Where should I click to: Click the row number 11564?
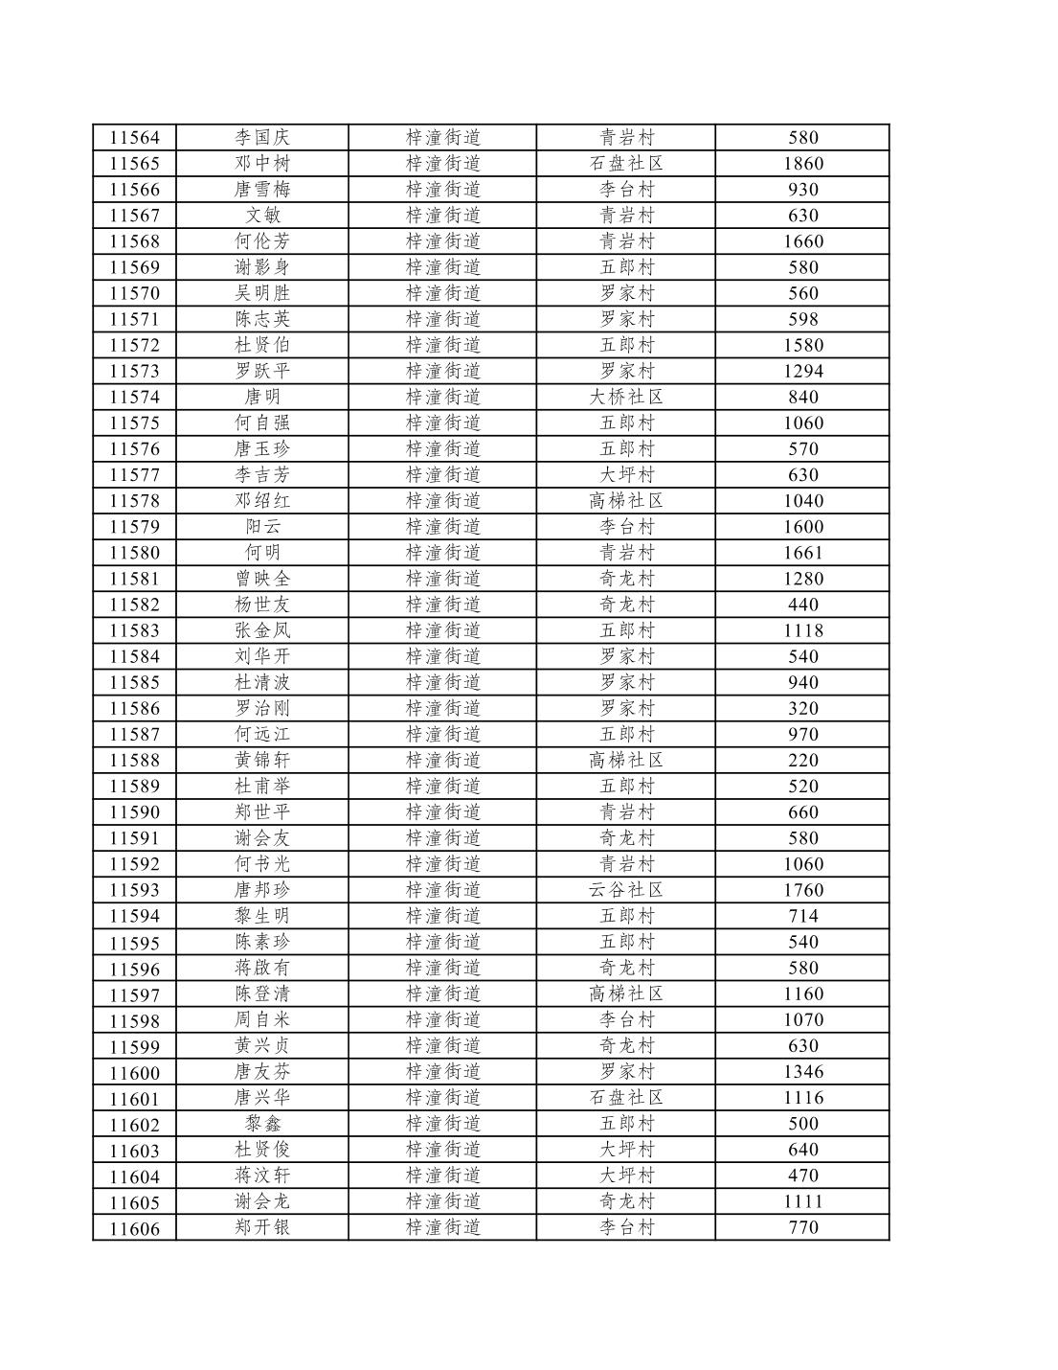134,138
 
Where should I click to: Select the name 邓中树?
262,164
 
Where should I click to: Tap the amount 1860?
802,164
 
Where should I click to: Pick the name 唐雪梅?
262,190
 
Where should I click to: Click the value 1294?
802,371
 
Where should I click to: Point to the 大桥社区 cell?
626,397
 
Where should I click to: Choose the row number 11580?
134,553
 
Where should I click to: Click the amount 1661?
802,553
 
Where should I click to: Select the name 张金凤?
262,630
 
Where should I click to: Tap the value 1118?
802,630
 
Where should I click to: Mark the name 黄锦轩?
262,760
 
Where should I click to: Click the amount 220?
802,760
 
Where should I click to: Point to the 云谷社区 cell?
626,890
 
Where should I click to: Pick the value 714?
802,916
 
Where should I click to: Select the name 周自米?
262,1019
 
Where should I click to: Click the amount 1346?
802,1071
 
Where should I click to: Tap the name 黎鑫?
262,1123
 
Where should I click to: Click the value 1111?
802,1201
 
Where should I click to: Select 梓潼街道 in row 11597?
442,993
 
